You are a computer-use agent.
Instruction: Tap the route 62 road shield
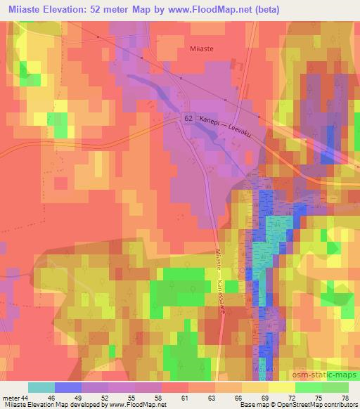pyautogui.click(x=188, y=119)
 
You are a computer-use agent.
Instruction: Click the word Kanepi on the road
pyautogui.click(x=212, y=122)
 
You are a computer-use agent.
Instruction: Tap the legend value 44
pyautogui.click(x=27, y=396)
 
